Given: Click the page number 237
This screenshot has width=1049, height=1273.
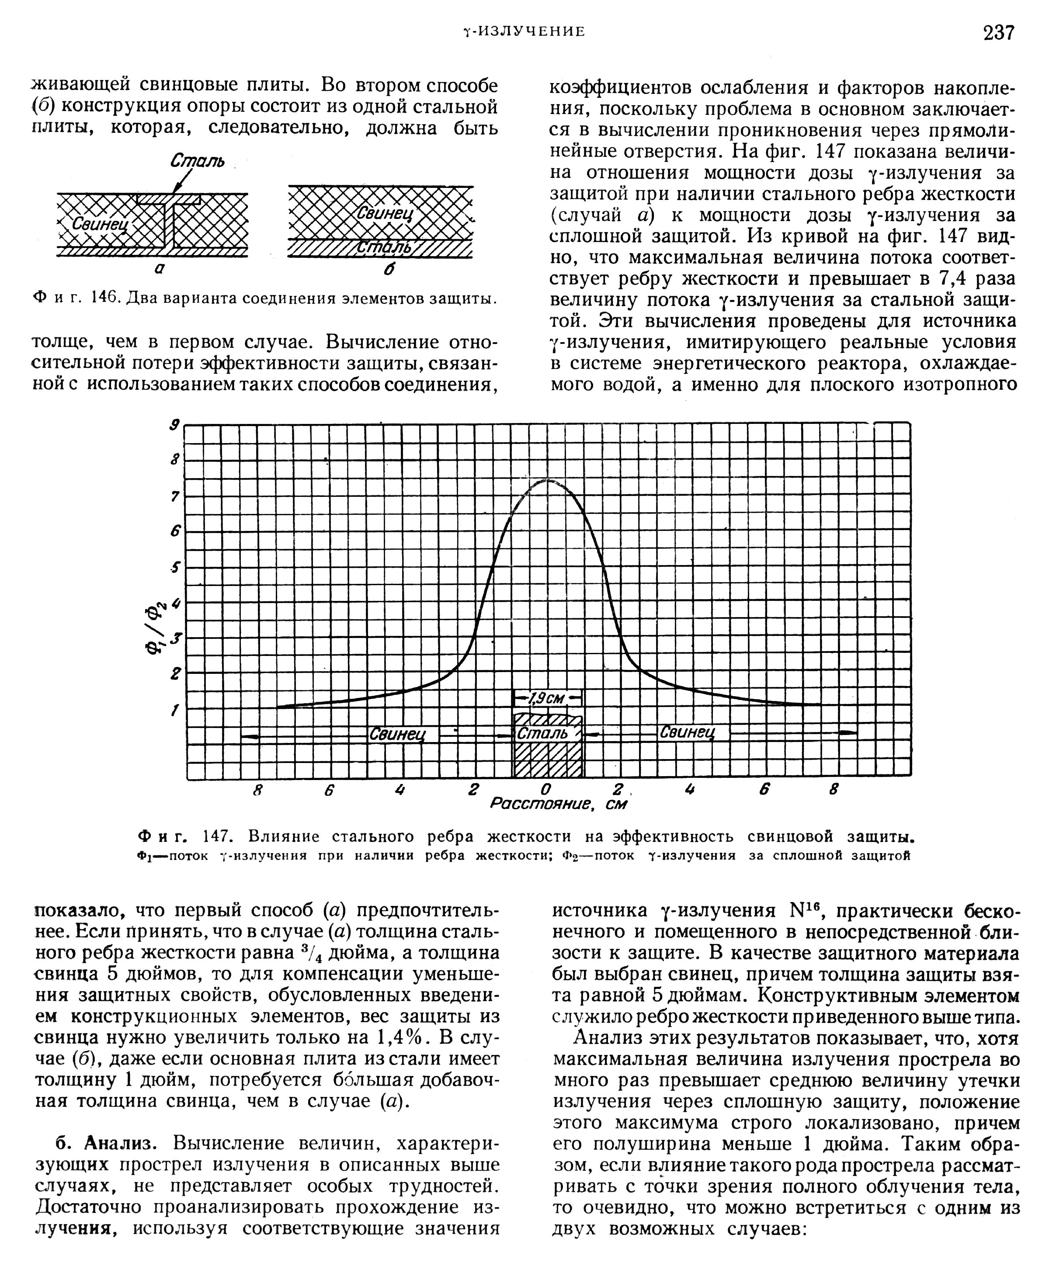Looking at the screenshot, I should coord(999,32).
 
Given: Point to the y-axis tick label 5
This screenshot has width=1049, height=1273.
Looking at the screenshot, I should coord(176,567).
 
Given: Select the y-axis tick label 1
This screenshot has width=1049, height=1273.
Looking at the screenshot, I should coord(176,711).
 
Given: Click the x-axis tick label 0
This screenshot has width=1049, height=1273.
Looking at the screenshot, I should coord(545,790).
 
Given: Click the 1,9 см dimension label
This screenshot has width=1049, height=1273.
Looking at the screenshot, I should coord(547,698).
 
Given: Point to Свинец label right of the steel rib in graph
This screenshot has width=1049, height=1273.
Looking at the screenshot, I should coord(687,732).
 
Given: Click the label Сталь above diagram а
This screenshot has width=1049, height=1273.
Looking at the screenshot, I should coord(197,161).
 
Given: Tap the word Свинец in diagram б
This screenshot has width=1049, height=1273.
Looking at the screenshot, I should coord(385,213).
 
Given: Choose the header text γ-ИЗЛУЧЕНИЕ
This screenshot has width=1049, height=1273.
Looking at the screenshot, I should coord(523,31).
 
